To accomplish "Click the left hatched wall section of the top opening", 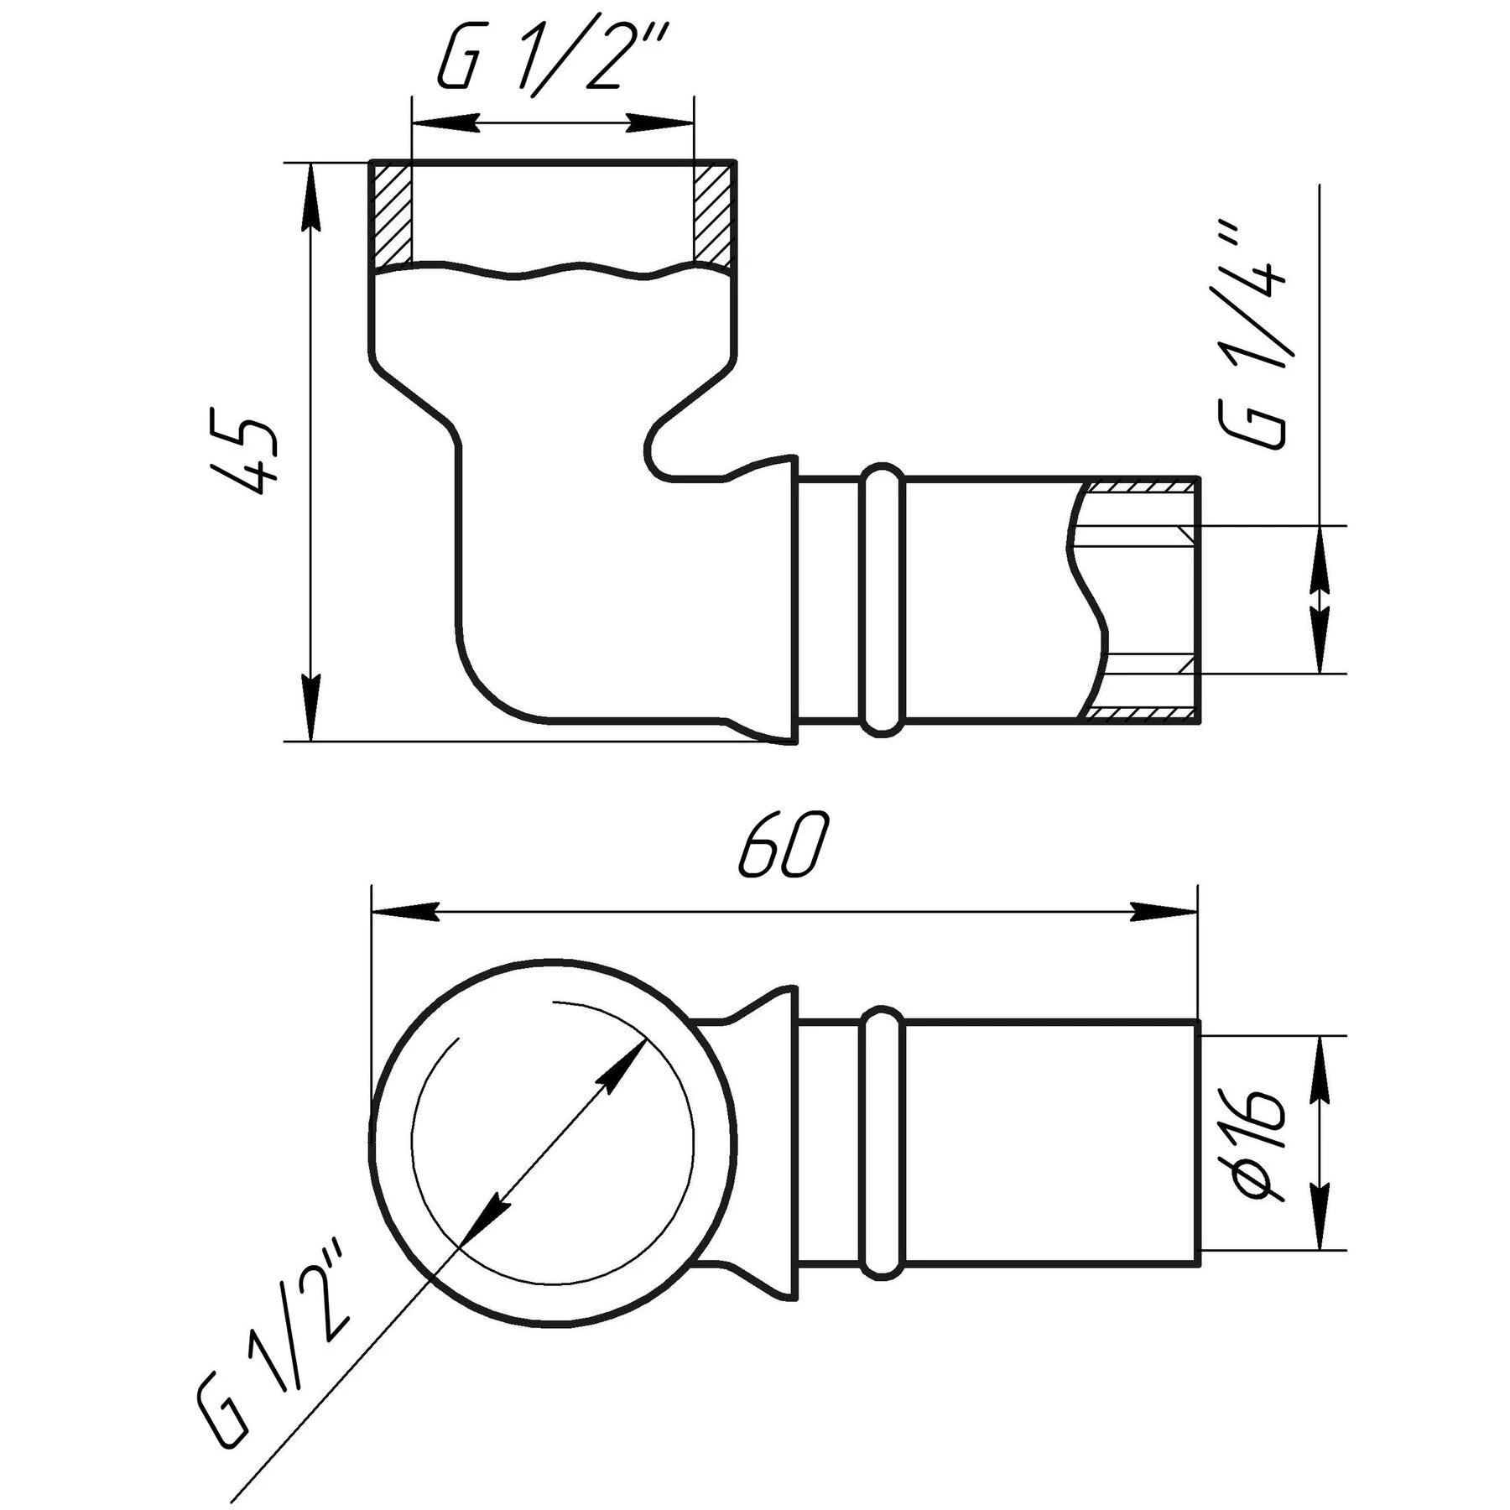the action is click(x=392, y=216).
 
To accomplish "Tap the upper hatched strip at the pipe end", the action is click(x=1140, y=485).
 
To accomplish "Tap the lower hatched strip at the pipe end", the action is click(x=1140, y=713).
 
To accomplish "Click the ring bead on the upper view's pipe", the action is click(x=881, y=599).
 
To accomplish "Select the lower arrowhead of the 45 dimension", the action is click(x=311, y=710).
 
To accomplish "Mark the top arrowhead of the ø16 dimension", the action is click(x=1320, y=1068).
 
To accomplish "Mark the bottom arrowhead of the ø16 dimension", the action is click(x=1320, y=1242).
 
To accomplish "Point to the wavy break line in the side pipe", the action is click(x=1087, y=599).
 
